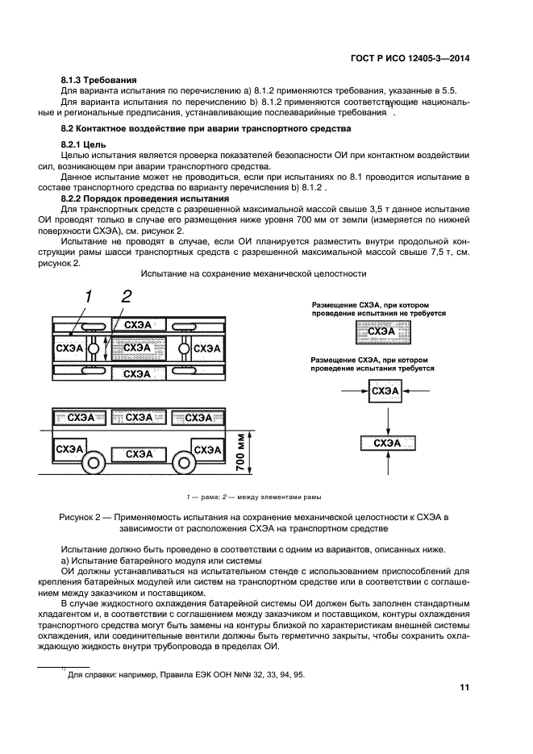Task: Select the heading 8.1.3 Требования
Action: [99, 81]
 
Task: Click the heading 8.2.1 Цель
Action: [84, 143]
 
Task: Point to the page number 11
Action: [464, 687]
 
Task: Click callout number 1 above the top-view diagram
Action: [87, 298]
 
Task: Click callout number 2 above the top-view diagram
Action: [125, 298]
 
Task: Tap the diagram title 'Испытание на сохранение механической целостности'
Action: [253, 274]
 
